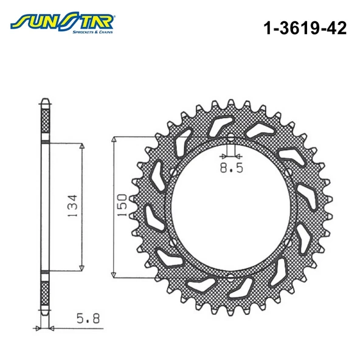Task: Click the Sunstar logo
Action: click(63, 23)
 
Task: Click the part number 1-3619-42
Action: click(305, 28)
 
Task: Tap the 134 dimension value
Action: click(73, 206)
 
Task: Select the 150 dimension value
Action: click(122, 205)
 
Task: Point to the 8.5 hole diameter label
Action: click(231, 168)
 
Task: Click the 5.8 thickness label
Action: click(88, 319)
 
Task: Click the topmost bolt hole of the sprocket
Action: click(230, 138)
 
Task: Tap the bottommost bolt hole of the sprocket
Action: click(230, 277)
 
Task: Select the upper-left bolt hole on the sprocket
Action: click(173, 172)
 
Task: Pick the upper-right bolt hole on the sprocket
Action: click(288, 172)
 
